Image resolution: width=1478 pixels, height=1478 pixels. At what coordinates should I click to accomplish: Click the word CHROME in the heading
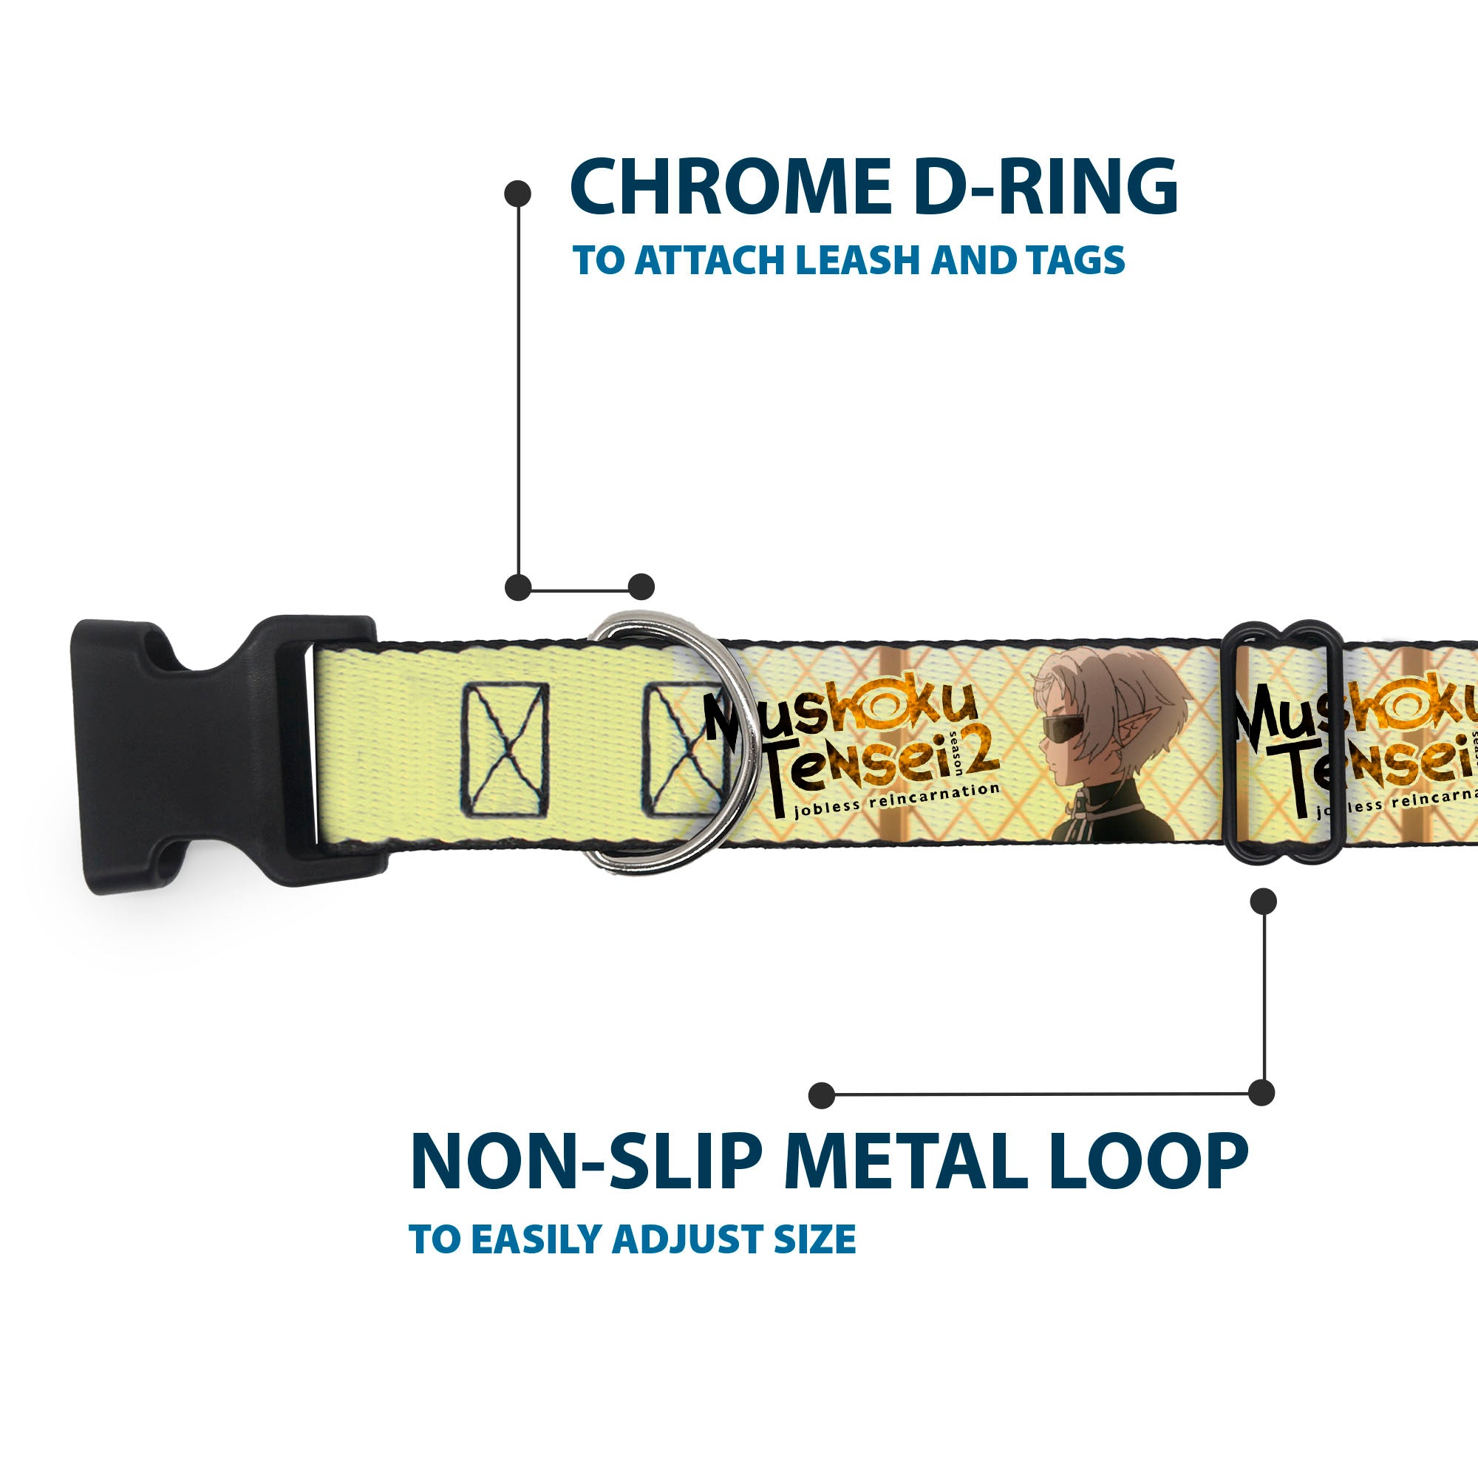(731, 187)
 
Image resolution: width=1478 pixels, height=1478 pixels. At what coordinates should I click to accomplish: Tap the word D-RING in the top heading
(1046, 187)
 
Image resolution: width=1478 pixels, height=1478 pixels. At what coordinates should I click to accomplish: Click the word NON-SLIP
(587, 1160)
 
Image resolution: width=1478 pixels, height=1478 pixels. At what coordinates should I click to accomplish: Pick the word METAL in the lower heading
(905, 1160)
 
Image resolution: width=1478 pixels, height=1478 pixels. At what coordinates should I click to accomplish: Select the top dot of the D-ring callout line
(518, 194)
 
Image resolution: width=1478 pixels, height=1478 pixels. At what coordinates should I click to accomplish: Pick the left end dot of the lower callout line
(822, 1095)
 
